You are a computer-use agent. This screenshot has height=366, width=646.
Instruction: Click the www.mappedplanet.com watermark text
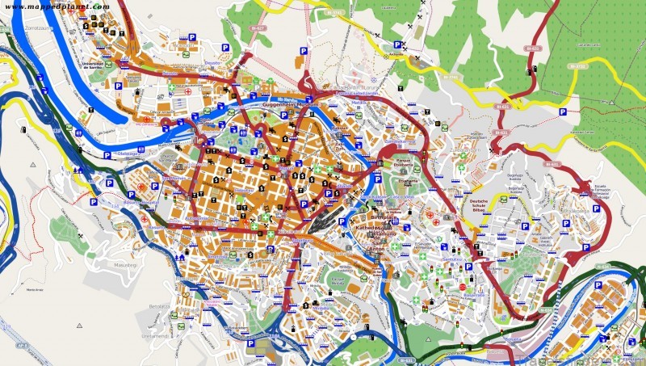(x=56, y=6)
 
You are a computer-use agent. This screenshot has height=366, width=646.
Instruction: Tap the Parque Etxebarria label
(x=404, y=165)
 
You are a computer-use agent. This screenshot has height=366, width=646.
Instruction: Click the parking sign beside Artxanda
(x=396, y=44)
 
